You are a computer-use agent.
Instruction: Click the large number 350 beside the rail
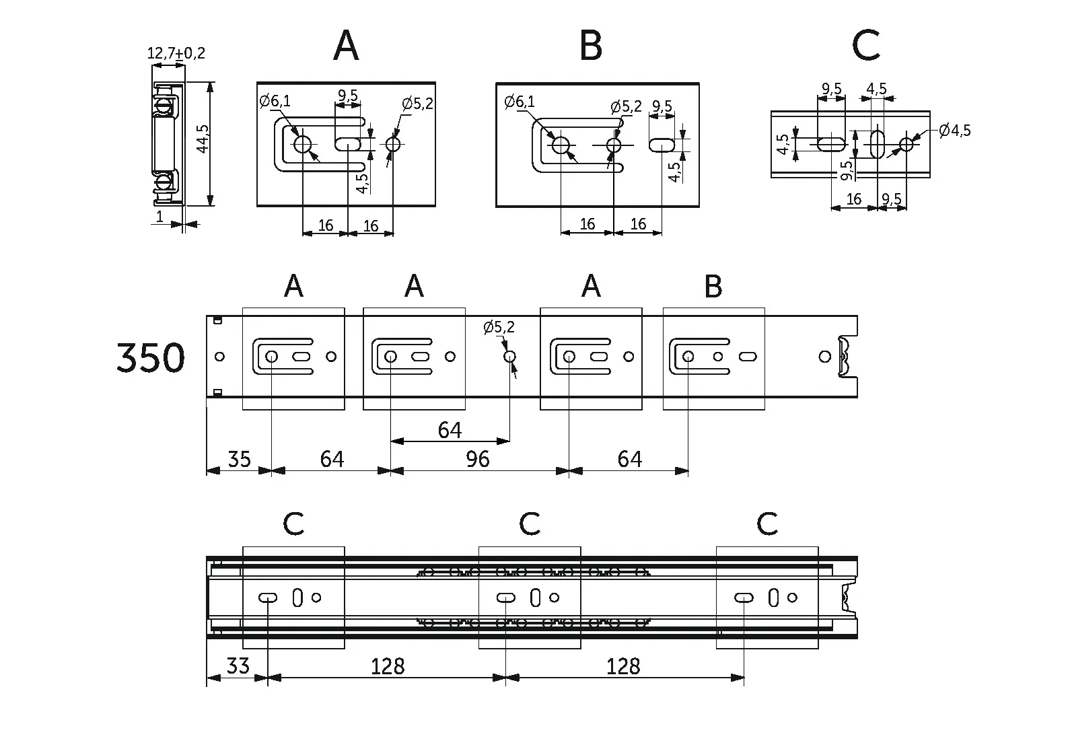tap(150, 357)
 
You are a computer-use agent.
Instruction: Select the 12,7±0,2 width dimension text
tap(176, 52)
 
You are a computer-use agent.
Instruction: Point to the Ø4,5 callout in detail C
tap(955, 131)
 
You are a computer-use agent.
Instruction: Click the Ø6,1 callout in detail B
tap(519, 102)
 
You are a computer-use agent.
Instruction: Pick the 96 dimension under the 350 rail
tap(477, 459)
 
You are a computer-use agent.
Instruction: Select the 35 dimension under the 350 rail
tap(239, 459)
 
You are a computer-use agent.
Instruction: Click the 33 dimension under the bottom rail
tap(237, 666)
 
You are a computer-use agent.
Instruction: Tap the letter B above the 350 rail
tap(713, 287)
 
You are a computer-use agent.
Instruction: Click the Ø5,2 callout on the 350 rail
tap(499, 328)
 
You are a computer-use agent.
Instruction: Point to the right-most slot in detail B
tap(662, 144)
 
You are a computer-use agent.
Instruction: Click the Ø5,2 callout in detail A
tap(417, 104)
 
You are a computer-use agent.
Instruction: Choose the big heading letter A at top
tap(346, 46)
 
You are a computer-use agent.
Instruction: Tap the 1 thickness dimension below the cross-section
tap(159, 217)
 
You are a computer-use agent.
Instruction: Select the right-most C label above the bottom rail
tap(767, 524)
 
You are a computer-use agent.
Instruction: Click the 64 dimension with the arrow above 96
tap(450, 429)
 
